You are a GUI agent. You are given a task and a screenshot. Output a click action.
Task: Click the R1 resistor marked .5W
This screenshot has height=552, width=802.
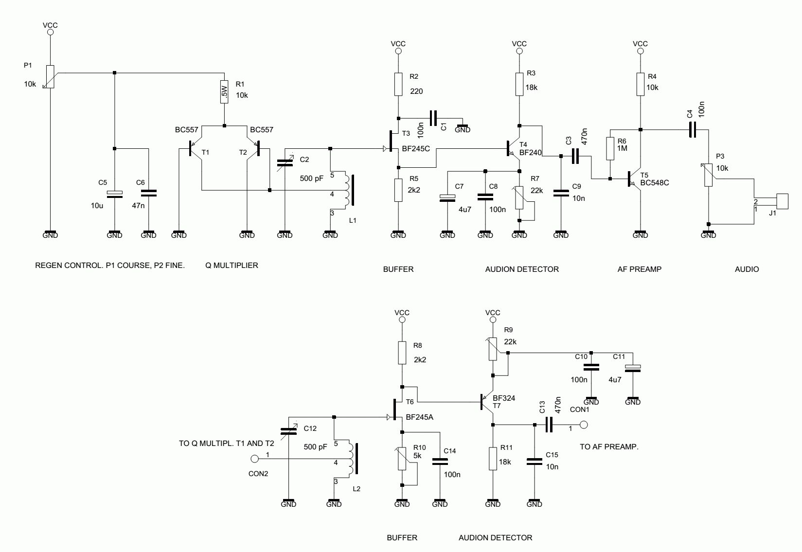click(x=224, y=92)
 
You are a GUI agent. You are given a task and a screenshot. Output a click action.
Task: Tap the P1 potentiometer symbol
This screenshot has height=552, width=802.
click(x=50, y=77)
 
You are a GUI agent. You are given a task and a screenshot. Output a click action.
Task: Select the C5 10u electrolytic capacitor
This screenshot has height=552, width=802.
click(x=115, y=194)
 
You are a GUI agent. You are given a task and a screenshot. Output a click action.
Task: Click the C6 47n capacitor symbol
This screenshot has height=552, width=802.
click(x=148, y=194)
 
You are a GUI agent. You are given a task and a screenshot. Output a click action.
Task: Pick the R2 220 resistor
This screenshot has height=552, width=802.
click(x=398, y=84)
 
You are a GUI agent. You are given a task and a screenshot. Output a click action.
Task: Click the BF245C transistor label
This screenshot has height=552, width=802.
click(x=416, y=149)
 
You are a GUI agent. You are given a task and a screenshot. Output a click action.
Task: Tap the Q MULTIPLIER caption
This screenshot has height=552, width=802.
click(x=232, y=265)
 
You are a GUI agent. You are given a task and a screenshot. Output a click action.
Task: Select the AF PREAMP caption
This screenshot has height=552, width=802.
click(x=639, y=269)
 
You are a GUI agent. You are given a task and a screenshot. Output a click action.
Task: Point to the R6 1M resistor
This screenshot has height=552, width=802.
click(x=610, y=148)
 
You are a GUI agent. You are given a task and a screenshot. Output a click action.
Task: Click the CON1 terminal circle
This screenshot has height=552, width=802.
click(x=584, y=425)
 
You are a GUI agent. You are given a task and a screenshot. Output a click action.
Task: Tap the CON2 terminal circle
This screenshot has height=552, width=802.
click(x=254, y=459)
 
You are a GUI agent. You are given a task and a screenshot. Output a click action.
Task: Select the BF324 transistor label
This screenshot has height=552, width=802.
click(x=504, y=398)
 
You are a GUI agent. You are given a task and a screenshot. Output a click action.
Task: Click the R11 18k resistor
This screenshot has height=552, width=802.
click(x=493, y=458)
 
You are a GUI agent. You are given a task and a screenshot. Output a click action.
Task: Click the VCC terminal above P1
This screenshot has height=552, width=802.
click(x=50, y=32)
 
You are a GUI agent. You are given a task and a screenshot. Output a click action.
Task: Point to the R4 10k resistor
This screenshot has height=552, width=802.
click(x=641, y=84)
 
